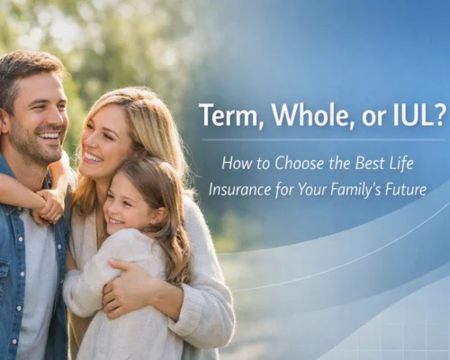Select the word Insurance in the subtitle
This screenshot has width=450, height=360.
pyautogui.click(x=241, y=190)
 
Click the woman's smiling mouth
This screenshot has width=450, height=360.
pyautogui.click(x=94, y=157)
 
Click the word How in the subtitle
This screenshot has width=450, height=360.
pyautogui.click(x=235, y=165)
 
